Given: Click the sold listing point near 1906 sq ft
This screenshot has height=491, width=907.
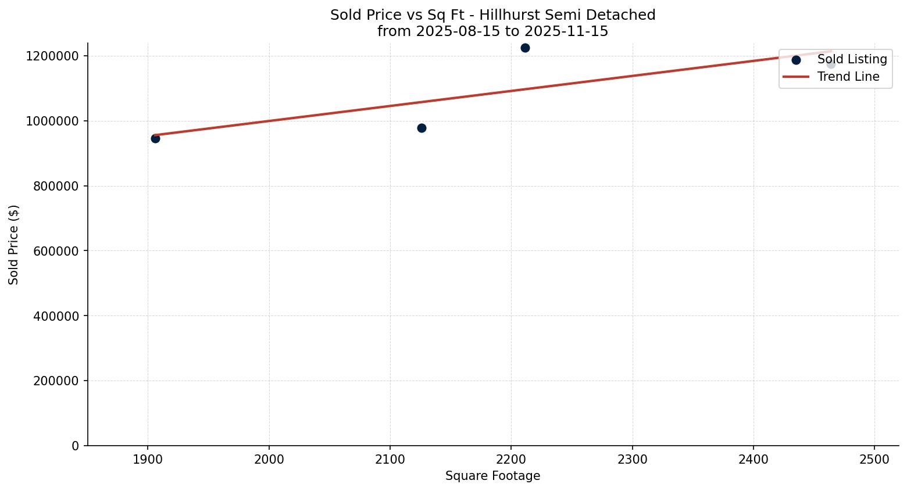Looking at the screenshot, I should [155, 138].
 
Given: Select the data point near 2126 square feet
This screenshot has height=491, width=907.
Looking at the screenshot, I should [422, 128].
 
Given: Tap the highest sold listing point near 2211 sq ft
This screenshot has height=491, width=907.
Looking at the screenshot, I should [525, 48].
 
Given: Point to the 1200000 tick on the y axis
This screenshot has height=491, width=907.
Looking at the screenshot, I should [52, 56].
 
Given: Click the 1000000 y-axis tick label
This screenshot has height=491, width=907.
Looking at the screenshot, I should [52, 121].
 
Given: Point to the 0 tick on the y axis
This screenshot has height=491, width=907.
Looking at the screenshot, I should [75, 446].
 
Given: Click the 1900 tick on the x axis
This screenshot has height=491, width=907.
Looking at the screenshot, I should [148, 459].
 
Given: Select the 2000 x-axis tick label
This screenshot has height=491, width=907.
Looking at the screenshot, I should [269, 459].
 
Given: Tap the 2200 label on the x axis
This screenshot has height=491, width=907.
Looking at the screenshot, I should [511, 459].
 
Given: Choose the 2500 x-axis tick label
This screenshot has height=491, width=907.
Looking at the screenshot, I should [874, 459].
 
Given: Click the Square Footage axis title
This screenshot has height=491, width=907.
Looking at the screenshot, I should [492, 476].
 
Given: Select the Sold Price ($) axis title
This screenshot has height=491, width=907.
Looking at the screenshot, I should [14, 245].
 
